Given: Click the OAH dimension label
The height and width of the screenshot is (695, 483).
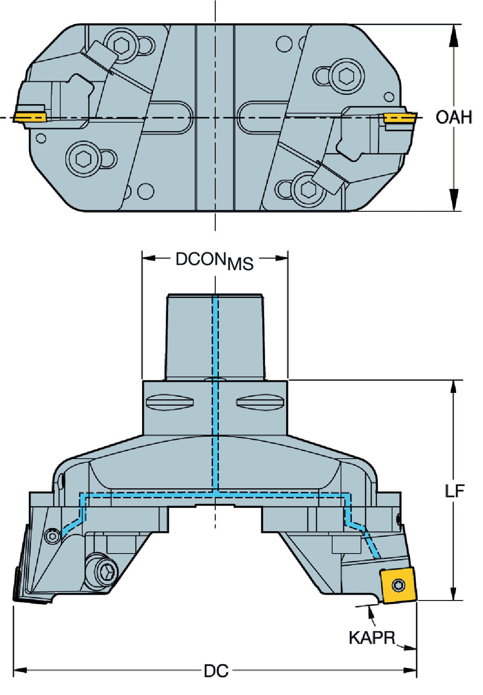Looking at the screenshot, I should (453, 117).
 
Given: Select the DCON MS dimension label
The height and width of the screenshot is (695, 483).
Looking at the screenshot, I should (214, 260).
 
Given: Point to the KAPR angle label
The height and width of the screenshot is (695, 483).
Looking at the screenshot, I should (372, 638).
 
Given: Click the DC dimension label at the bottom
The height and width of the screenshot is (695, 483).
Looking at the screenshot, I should (216, 670).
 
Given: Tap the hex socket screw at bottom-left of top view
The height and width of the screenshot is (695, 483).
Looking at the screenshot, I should (84, 159).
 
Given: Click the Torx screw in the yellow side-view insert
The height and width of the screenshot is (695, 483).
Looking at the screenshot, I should (398, 585).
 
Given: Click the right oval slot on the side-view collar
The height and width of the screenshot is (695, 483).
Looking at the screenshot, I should (260, 402).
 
